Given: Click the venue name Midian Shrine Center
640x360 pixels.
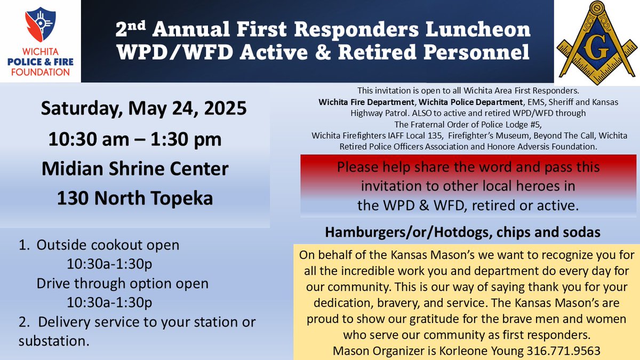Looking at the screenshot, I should click(x=135, y=169).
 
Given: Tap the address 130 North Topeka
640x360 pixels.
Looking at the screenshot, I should click(x=135, y=198).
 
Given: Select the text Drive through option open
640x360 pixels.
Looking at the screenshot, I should click(x=122, y=283).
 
